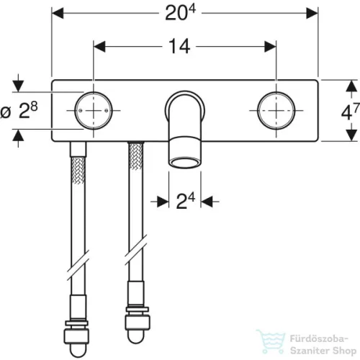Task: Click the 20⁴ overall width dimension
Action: click(181, 13)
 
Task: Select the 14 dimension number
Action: click(179, 47)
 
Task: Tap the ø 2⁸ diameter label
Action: click(19, 111)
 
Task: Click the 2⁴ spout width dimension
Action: click(185, 201)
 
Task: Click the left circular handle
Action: click(94, 111)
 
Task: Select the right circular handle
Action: click(276, 111)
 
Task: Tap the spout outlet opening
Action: click(185, 163)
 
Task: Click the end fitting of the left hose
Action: click(76, 338)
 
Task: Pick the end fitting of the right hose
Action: click(138, 324)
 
